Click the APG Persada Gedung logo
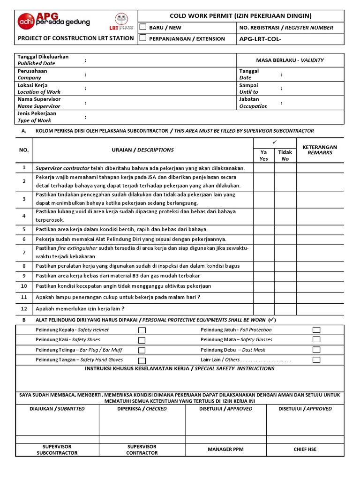tap(53, 21)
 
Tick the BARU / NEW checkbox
tap(143, 27)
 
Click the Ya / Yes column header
tap(264, 155)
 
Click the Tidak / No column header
tap(285, 155)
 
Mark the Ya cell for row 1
tap(264, 168)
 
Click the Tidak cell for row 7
tap(285, 252)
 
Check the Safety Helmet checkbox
tap(142, 330)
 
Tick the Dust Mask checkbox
tap(316, 350)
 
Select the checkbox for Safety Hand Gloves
tap(142, 360)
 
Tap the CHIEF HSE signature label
tap(305, 450)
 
